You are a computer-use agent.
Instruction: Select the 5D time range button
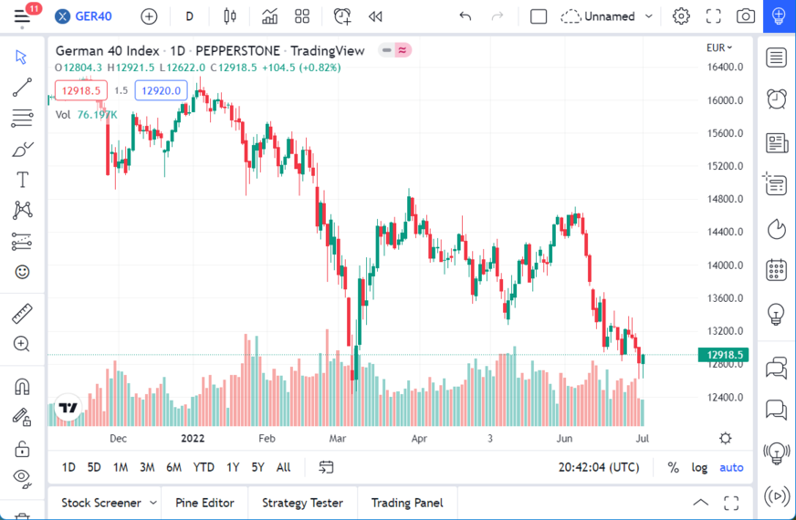point(94,467)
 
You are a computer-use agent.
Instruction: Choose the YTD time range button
point(204,467)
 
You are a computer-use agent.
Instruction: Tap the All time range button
point(283,467)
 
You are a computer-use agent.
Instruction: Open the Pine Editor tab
point(204,503)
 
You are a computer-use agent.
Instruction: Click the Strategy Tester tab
point(302,503)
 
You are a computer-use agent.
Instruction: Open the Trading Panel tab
point(406,503)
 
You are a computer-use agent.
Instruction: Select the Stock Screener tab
point(101,503)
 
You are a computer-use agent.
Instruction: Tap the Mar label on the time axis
point(338,438)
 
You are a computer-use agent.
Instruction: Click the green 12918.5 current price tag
point(721,355)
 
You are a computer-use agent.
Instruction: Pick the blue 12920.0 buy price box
point(161,90)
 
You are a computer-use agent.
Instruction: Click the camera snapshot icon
point(746,16)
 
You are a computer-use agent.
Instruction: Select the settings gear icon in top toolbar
point(681,16)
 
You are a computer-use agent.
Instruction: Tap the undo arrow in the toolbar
point(466,16)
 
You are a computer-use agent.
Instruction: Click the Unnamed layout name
point(609,16)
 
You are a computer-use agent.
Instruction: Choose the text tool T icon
point(22,180)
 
